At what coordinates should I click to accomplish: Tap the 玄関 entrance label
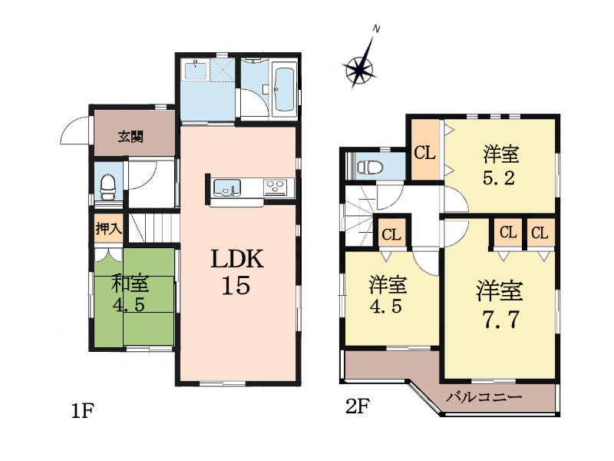tap(130, 137)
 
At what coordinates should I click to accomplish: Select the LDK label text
tap(237, 259)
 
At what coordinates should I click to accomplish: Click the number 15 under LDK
tap(236, 285)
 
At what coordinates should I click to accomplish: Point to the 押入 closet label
tap(108, 228)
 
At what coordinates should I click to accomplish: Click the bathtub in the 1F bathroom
tap(285, 90)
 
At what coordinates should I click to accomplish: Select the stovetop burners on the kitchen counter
tap(279, 187)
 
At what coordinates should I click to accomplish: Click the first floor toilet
tap(107, 187)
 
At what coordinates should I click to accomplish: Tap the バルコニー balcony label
tap(484, 397)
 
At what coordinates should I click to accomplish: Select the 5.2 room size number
tap(498, 178)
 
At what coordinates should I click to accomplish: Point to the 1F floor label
tap(83, 411)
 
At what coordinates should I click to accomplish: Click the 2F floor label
tap(358, 406)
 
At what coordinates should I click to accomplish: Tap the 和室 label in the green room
tap(130, 284)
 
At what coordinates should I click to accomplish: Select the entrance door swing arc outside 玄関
tap(73, 130)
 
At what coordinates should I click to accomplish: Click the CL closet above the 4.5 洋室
tap(391, 234)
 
